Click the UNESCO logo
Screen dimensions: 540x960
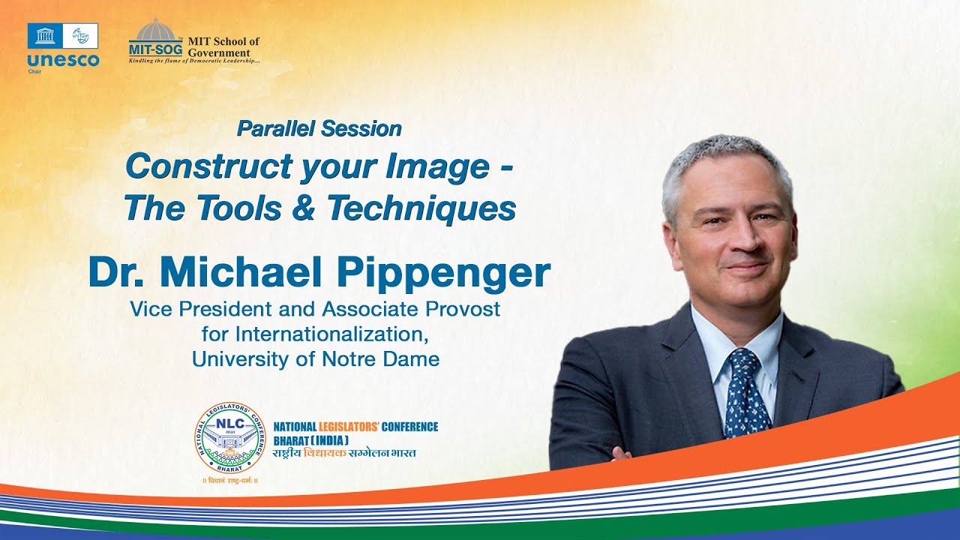pyautogui.click(x=62, y=46)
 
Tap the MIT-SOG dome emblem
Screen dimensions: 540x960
pyautogui.click(x=155, y=31)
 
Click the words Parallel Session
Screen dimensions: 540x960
pyautogui.click(x=319, y=128)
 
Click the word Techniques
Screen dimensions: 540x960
pyautogui.click(x=421, y=208)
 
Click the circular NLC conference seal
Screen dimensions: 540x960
pyautogui.click(x=229, y=437)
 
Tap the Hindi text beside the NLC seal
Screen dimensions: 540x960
pyautogui.click(x=345, y=453)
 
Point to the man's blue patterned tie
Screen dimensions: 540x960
pyautogui.click(x=745, y=390)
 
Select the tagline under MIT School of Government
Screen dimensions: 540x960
pyautogui.click(x=194, y=61)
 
